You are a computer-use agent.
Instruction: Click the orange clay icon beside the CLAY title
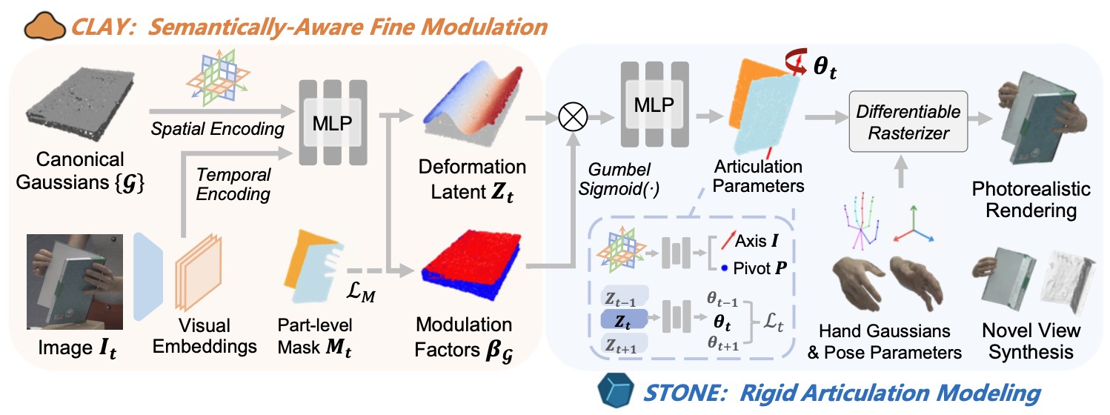point(44,27)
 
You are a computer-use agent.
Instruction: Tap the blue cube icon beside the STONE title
point(614,391)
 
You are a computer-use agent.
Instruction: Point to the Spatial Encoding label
point(218,129)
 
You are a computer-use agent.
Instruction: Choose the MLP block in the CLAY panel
point(333,122)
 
